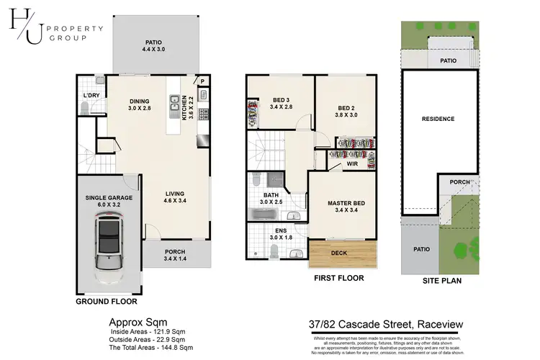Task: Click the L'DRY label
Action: (91, 95)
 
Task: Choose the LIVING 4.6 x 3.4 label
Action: (174, 197)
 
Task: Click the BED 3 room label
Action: (280, 104)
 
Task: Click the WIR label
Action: (352, 164)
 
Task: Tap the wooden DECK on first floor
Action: (339, 253)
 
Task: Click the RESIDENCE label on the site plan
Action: (438, 119)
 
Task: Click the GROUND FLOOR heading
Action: (107, 303)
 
